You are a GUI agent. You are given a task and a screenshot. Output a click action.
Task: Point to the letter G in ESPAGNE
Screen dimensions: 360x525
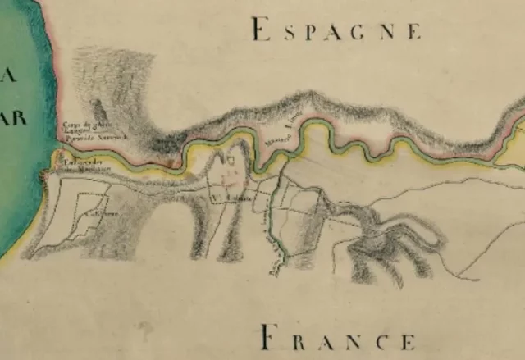pos(364,33)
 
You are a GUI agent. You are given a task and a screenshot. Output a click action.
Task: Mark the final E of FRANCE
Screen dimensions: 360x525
pos(408,339)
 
